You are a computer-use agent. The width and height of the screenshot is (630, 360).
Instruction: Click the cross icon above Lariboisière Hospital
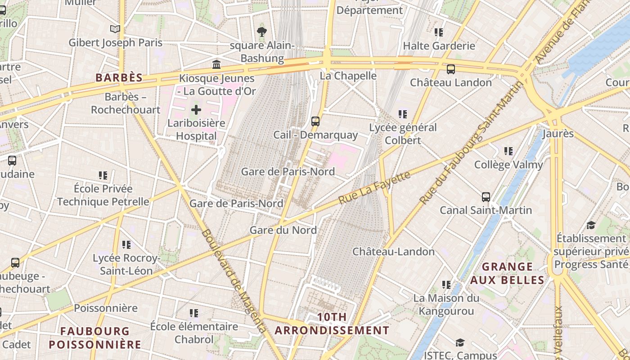click(196, 109)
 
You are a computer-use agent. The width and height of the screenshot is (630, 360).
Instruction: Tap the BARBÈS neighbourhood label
click(119, 77)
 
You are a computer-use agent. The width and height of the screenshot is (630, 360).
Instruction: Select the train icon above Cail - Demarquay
click(315, 121)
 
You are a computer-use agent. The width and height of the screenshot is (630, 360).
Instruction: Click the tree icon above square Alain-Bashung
click(262, 31)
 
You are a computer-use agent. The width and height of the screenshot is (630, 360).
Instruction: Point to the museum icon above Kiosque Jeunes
click(216, 64)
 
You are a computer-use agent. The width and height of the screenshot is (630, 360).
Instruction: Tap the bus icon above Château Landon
click(450, 69)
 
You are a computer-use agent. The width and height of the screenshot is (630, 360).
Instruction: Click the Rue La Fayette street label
click(374, 187)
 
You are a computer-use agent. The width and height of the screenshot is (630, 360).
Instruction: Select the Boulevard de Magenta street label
click(234, 281)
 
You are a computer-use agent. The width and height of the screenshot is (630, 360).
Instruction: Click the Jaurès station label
click(558, 134)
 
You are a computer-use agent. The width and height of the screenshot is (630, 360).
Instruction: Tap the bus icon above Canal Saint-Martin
click(486, 197)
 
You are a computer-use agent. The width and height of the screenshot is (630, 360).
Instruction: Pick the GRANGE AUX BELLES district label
click(507, 273)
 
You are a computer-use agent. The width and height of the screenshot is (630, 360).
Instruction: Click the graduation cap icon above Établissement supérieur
click(591, 225)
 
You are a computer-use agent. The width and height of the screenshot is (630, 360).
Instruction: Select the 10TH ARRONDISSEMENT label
click(332, 324)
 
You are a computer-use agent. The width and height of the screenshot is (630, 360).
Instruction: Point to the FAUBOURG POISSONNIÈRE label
click(95, 337)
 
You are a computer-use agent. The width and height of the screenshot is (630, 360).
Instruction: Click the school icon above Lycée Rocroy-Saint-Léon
click(126, 245)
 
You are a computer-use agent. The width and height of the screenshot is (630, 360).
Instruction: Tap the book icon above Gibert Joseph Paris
click(115, 29)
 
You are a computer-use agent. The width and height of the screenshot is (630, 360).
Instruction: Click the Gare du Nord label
click(283, 230)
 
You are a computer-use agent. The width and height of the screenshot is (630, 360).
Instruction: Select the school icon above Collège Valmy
click(508, 151)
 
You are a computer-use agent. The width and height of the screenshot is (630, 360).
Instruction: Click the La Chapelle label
click(348, 76)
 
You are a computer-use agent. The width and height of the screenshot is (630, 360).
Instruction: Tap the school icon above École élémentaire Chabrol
click(194, 313)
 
